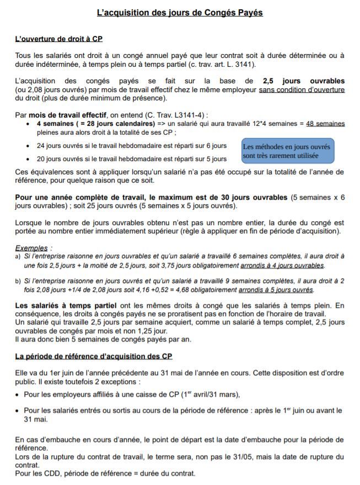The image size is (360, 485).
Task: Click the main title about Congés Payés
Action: click(180, 12)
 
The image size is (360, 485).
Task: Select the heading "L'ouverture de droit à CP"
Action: click(58, 39)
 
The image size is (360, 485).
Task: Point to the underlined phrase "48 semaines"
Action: click(325, 124)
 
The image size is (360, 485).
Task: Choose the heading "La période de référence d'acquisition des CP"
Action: click(94, 356)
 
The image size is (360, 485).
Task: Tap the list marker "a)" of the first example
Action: click(18, 257)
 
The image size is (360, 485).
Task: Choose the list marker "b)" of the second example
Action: click(18, 281)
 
